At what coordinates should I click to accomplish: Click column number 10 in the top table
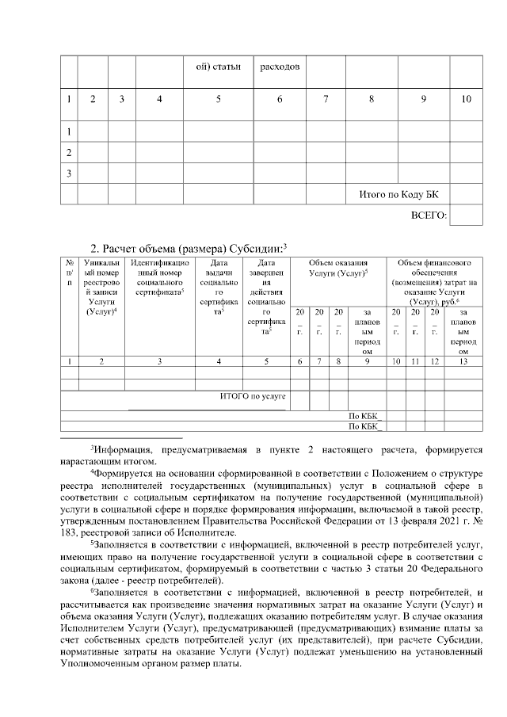pos(466,98)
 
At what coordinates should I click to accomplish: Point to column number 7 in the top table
pos(326,98)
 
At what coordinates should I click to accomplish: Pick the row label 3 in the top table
pos(69,173)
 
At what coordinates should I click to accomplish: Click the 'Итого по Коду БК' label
pos(398,194)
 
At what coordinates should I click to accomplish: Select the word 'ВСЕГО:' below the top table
pos(429,215)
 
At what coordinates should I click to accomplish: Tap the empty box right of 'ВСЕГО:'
pos(466,215)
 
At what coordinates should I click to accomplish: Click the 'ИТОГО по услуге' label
pos(252,394)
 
